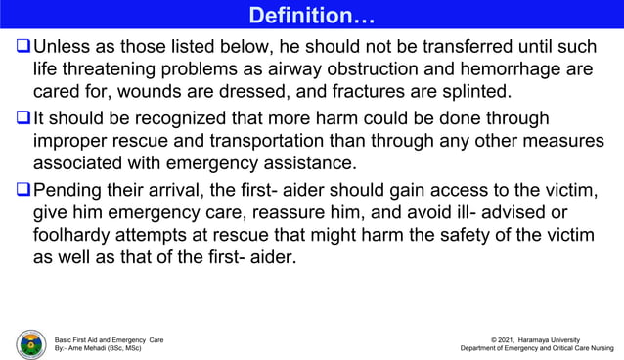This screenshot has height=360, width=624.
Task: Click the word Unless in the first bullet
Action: [60, 47]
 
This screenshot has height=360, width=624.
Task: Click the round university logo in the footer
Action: [30, 344]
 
